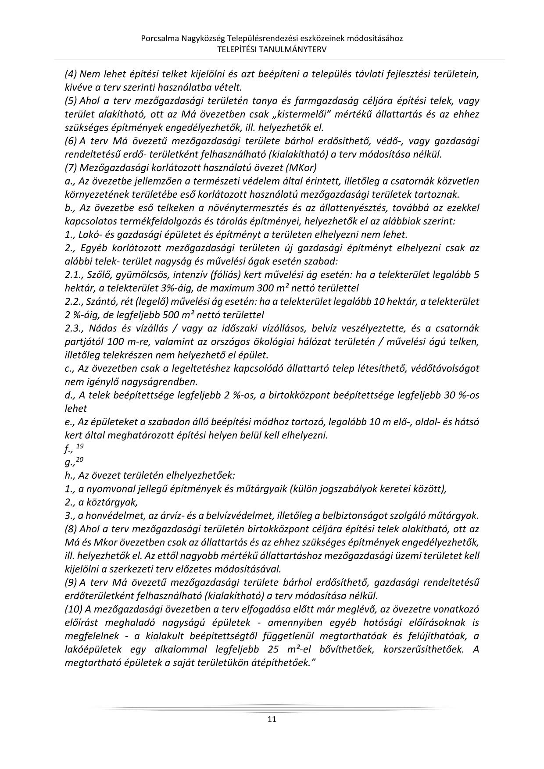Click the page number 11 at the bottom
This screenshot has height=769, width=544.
pyautogui.click(x=272, y=719)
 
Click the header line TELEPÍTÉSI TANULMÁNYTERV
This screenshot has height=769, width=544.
pyautogui.click(x=272, y=49)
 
